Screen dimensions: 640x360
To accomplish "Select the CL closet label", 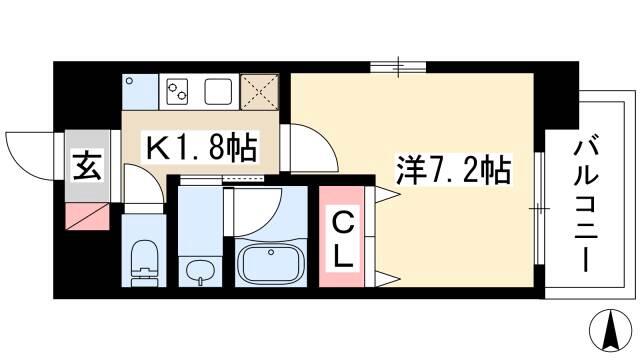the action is click(x=342, y=241).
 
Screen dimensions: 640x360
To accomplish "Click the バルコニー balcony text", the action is click(x=586, y=202).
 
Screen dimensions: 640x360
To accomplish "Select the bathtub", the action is click(x=271, y=262).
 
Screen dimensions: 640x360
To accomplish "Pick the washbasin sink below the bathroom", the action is click(x=200, y=271).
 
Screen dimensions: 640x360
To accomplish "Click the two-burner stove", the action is click(x=178, y=91).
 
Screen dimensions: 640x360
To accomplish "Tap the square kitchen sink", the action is click(x=218, y=91).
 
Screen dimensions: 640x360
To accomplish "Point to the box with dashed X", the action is click(x=259, y=92).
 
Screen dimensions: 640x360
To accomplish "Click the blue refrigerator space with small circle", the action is click(x=140, y=92).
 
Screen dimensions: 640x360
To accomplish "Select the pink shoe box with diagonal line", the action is click(x=87, y=216).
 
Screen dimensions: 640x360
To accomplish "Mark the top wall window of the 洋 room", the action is click(x=398, y=67).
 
